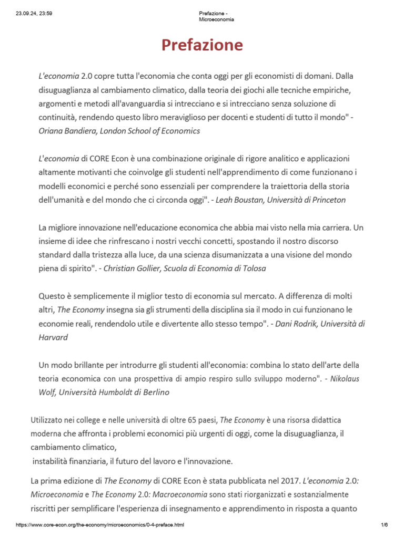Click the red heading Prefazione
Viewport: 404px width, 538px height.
tap(202, 45)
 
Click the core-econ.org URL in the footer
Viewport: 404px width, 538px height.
tap(100, 525)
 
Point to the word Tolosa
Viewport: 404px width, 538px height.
tap(253, 268)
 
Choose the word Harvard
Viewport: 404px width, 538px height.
tap(53, 337)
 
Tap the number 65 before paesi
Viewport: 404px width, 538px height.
tap(197, 420)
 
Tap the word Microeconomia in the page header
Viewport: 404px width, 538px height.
tap(216, 19)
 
